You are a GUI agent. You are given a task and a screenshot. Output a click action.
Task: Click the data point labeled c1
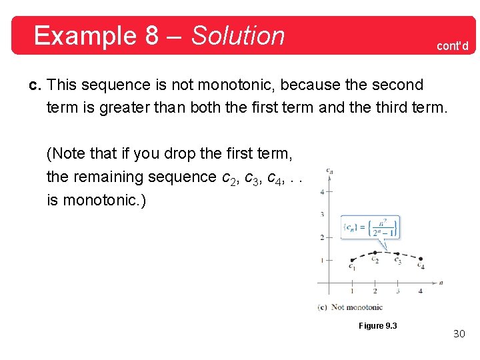click(352, 260)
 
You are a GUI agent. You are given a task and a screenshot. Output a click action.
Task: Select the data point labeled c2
click(375, 252)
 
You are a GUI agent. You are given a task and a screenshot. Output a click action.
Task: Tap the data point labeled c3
click(397, 253)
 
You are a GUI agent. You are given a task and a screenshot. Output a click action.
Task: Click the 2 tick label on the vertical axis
click(323, 237)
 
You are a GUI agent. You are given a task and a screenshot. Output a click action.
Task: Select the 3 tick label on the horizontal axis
click(398, 291)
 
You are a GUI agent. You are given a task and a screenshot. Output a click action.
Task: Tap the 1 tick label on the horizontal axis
click(352, 291)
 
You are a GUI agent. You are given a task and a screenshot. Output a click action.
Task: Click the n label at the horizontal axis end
click(441, 283)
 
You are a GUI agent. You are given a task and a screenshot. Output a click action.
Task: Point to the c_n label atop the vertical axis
click(329, 171)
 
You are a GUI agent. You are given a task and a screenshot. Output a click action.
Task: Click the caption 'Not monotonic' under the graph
click(357, 307)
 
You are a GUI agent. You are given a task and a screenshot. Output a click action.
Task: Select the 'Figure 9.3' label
click(377, 325)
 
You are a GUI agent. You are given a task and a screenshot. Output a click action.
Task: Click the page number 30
click(459, 333)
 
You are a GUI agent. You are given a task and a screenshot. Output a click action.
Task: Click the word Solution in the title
click(238, 35)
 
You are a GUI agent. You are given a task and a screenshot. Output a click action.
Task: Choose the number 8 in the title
click(152, 35)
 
